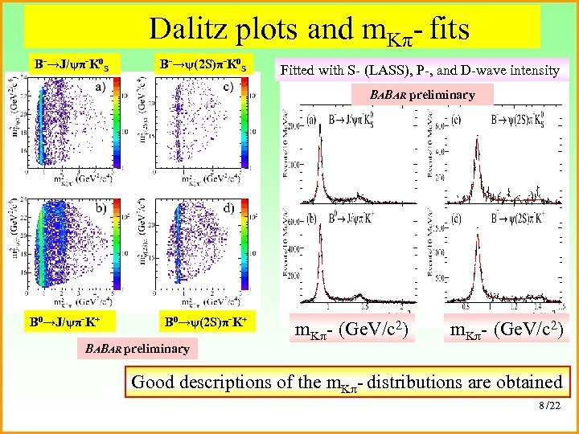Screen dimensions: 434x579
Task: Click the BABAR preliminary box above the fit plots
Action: (x=422, y=95)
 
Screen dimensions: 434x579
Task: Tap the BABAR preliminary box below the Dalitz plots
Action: (x=136, y=348)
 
